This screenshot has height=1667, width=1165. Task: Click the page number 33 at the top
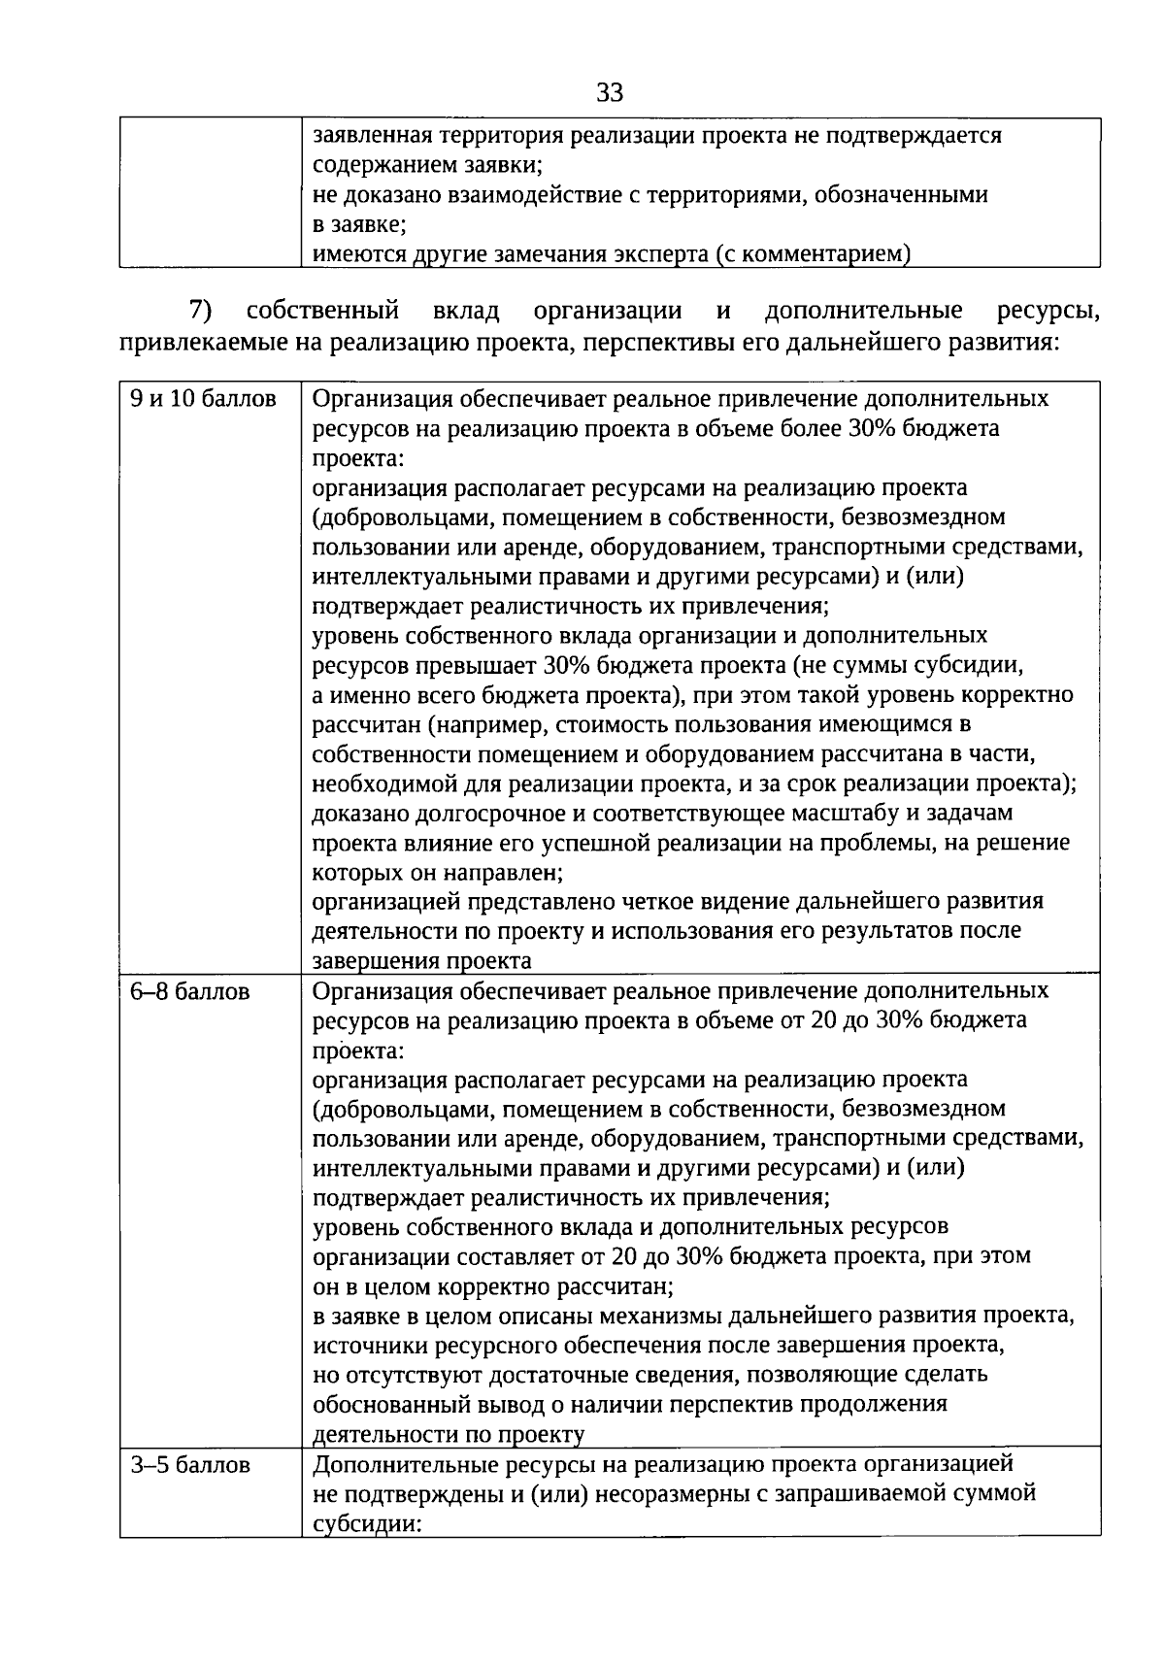click(610, 93)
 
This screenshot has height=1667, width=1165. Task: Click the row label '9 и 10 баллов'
click(204, 399)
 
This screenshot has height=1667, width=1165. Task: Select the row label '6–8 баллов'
click(190, 991)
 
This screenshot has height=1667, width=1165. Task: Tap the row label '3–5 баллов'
click(190, 1464)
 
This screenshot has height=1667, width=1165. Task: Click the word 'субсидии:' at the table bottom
click(365, 1523)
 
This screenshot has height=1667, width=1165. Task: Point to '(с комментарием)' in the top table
click(814, 254)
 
